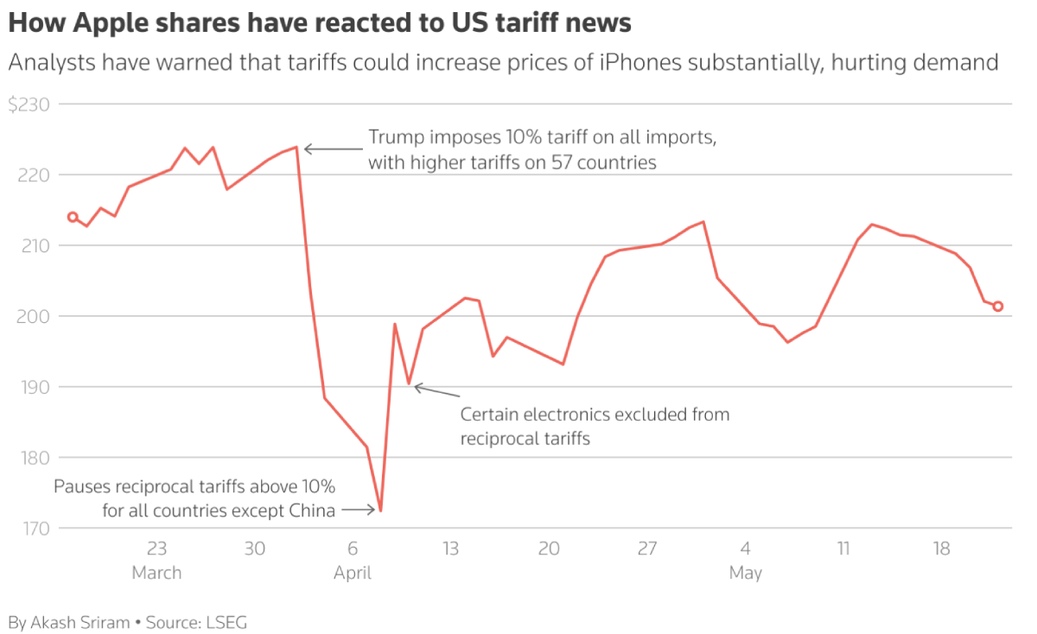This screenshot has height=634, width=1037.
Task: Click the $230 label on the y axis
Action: (x=29, y=105)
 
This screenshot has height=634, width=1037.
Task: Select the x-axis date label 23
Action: (x=156, y=548)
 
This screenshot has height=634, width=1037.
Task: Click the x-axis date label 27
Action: (x=647, y=548)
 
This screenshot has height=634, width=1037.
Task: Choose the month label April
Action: (x=353, y=573)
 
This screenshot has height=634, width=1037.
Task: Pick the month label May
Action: (x=745, y=573)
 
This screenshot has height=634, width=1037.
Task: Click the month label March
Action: (x=156, y=573)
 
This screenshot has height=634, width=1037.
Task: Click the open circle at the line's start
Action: (x=73, y=217)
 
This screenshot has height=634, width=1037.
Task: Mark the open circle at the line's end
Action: (x=998, y=306)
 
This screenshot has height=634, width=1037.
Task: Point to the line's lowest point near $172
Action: (x=381, y=510)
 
